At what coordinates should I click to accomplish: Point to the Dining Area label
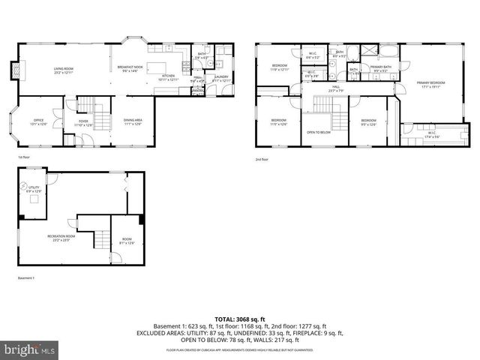[x=132, y=121]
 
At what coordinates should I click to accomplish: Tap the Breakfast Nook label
[x=130, y=69]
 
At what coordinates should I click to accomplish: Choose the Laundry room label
[x=221, y=77]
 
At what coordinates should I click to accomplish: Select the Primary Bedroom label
[x=428, y=84]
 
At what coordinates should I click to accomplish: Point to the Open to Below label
[x=319, y=132]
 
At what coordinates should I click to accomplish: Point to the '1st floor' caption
[x=24, y=157]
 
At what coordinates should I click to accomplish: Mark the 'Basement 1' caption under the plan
[x=26, y=277]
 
